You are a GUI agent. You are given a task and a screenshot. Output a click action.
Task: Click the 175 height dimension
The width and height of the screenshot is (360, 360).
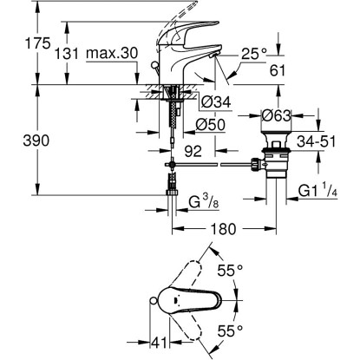[38, 43]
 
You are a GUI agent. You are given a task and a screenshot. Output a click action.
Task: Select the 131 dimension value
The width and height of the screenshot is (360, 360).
[67, 54]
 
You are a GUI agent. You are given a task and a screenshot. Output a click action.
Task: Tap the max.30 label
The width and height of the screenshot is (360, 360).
[112, 54]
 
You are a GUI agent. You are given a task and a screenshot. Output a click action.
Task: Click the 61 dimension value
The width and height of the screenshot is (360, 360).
[278, 70]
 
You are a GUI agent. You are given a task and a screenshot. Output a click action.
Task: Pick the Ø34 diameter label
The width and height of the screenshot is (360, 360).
[216, 101]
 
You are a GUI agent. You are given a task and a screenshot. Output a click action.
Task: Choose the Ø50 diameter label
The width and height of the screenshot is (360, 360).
[210, 125]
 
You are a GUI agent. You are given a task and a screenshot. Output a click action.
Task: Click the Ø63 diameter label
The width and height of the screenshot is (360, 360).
[276, 115]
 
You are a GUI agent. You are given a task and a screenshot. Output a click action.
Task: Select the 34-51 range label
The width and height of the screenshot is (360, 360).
[317, 141]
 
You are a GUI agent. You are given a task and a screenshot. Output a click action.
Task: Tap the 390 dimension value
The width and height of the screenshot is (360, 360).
[36, 141]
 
